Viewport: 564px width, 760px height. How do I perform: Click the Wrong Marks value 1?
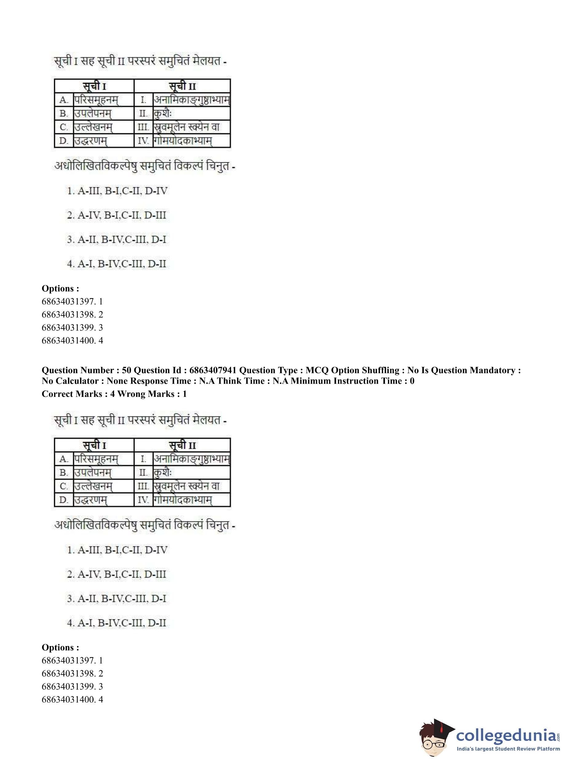(x=185, y=394)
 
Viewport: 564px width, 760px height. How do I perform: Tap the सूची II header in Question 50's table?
(x=182, y=445)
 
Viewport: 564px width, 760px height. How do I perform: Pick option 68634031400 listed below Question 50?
(x=72, y=700)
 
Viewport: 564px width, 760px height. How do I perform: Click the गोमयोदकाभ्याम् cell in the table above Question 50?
(x=183, y=141)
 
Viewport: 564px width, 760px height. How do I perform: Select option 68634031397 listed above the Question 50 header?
(x=72, y=301)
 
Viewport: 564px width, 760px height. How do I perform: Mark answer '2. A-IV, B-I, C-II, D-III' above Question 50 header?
(x=116, y=215)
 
